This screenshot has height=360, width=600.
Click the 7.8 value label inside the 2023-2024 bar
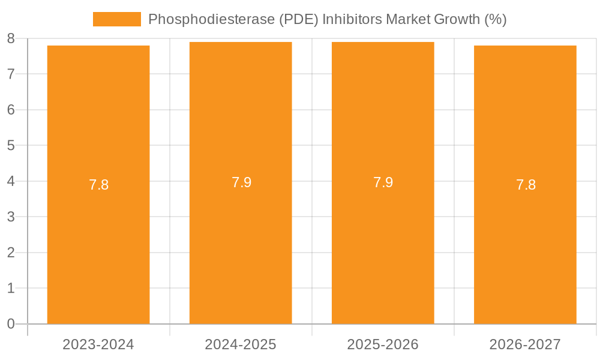click(98, 185)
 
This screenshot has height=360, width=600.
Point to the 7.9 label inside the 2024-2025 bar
click(241, 182)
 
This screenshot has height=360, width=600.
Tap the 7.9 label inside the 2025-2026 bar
click(383, 182)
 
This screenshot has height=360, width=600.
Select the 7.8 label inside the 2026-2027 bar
click(526, 185)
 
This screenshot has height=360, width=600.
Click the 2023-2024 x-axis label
click(98, 344)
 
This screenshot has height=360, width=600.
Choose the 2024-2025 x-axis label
click(241, 344)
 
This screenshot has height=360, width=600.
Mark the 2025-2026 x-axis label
click(383, 344)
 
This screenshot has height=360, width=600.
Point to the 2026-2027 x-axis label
click(525, 344)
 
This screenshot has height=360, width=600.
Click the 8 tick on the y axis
click(11, 39)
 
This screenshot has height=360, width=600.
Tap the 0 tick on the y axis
click(11, 324)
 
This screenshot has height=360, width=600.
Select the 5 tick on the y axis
click(11, 146)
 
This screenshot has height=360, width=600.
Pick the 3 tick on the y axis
click(11, 217)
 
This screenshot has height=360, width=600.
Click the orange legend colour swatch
click(117, 19)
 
